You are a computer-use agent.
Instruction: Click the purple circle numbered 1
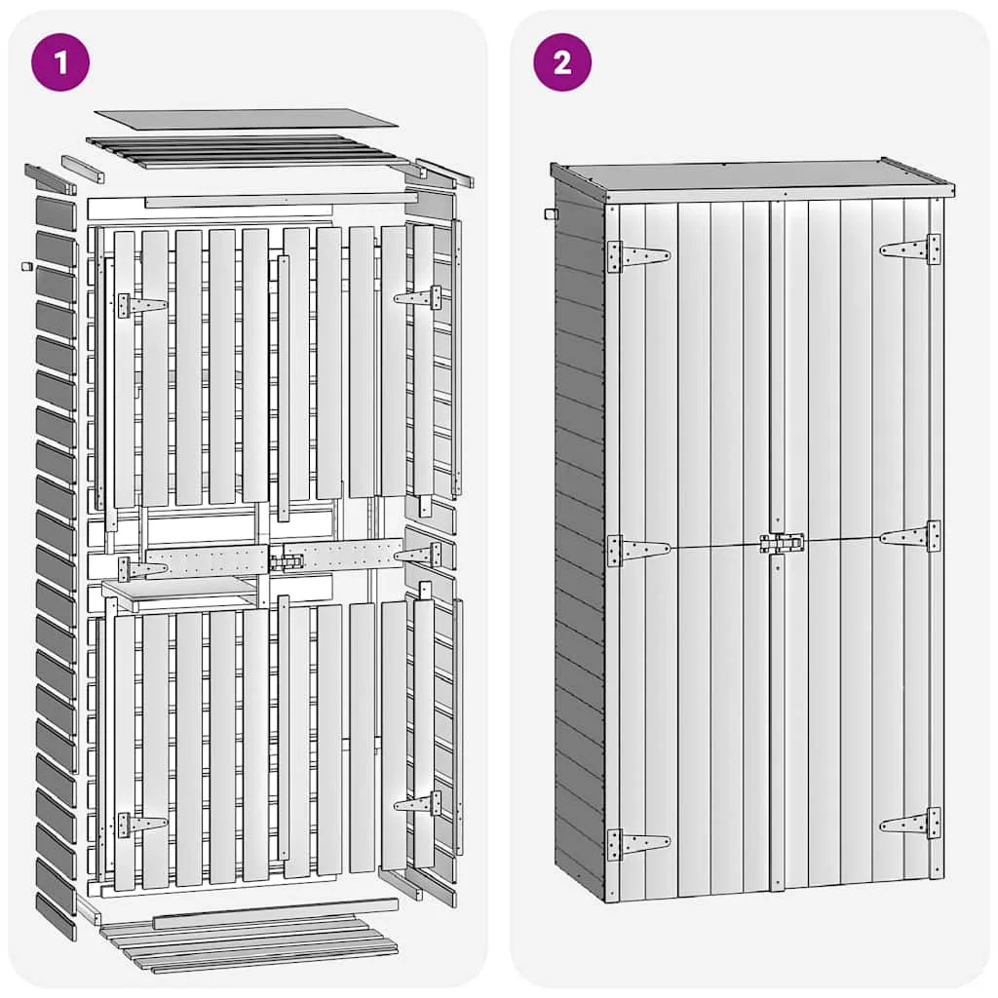(60, 62)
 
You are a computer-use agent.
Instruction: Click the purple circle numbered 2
(562, 62)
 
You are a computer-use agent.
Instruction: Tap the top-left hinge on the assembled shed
(638, 256)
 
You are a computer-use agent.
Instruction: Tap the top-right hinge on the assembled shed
(910, 249)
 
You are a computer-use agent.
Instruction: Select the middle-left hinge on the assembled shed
(638, 550)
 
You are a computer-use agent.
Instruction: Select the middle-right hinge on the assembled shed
(910, 537)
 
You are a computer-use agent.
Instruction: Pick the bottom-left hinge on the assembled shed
(638, 844)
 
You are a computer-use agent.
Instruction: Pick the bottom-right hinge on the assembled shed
(910, 824)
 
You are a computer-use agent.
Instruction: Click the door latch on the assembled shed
(782, 543)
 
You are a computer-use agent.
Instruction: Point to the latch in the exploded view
(287, 562)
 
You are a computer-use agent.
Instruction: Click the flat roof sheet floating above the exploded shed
(247, 118)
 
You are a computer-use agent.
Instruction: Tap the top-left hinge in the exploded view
(142, 305)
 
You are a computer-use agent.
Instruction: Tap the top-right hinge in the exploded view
(417, 297)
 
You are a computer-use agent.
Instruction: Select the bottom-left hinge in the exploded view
(142, 825)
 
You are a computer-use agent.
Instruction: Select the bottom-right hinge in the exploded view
(417, 803)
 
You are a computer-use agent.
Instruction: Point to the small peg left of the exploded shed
(26, 265)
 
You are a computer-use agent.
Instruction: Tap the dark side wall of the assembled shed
(579, 541)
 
